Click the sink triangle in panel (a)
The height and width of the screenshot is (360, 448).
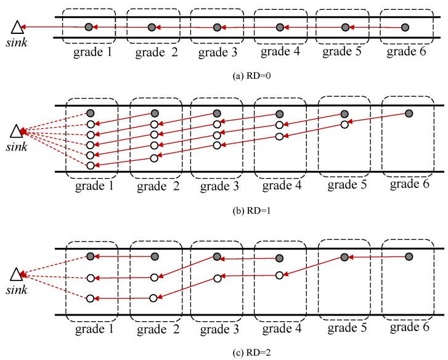[17, 27]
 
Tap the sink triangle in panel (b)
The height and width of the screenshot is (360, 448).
[17, 131]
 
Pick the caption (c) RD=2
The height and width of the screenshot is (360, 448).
[224, 352]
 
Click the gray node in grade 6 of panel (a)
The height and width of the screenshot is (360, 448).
[405, 27]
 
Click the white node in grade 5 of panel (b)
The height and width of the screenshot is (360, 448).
[344, 125]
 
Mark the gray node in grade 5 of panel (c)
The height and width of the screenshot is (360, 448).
[344, 257]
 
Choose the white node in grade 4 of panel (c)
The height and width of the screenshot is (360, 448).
[279, 275]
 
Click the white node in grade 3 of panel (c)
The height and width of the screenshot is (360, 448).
[216, 278]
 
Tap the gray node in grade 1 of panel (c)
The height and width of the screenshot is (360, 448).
[91, 256]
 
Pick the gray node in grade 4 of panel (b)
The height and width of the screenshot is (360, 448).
[279, 113]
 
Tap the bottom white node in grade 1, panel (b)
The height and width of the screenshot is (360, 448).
[91, 165]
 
